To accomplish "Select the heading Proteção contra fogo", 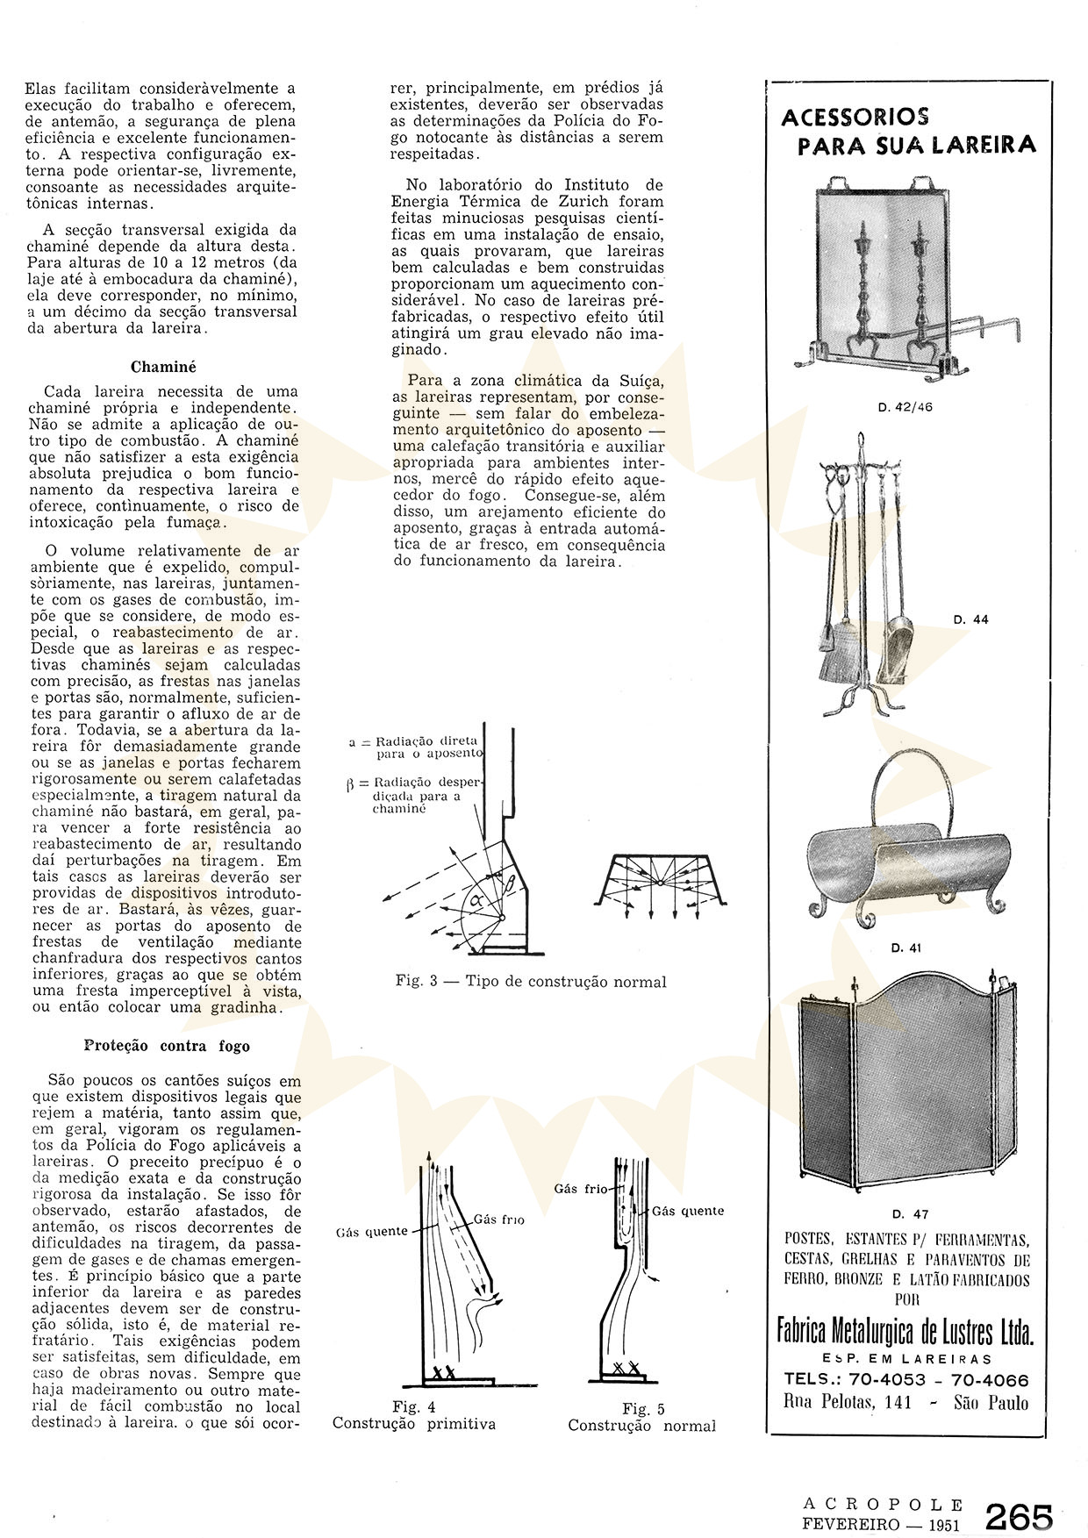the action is pos(167,1046).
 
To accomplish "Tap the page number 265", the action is pos(1019,1515).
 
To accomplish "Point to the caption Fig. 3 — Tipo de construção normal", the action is pos(531,982).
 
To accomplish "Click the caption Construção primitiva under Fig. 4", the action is pos(413,1423).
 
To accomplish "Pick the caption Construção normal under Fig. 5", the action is pos(641,1426).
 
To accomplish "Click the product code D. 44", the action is pos(970,619).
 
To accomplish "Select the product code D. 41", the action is pos(905,948).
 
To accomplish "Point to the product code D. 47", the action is pos(909,1214).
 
